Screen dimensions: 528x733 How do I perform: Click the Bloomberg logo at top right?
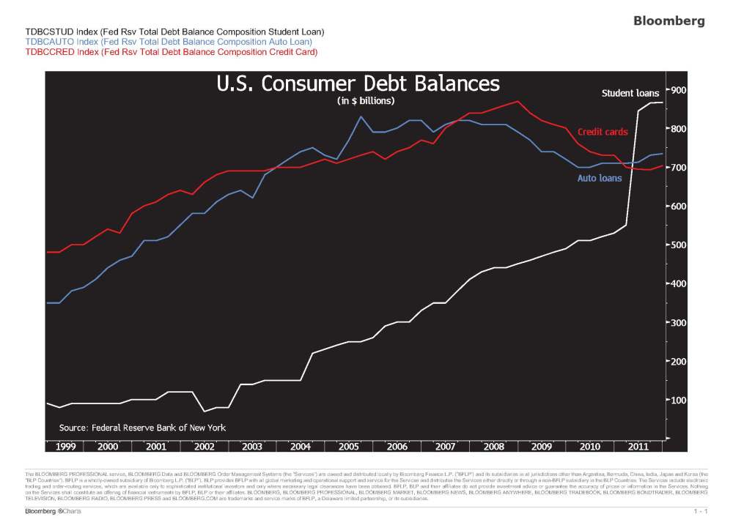[x=668, y=21]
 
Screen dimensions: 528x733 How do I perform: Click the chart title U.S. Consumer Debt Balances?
[x=358, y=83]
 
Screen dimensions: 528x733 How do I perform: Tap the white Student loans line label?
[x=630, y=93]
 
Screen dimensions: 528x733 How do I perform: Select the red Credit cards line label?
[x=603, y=132]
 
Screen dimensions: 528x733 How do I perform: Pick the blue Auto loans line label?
[x=600, y=178]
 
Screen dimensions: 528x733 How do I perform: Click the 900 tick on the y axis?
[x=678, y=90]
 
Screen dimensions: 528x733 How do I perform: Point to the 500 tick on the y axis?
[x=678, y=245]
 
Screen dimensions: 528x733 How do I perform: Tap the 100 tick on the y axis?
[x=678, y=400]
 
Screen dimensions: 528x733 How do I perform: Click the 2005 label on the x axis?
[x=349, y=446]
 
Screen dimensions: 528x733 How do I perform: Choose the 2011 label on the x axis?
[x=638, y=446]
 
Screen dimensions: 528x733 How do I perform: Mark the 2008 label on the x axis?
[x=493, y=446]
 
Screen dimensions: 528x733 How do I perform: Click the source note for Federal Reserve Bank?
[x=142, y=428]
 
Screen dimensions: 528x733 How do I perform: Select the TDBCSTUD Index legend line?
[x=174, y=32]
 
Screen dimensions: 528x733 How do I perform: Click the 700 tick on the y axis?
[x=678, y=168]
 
